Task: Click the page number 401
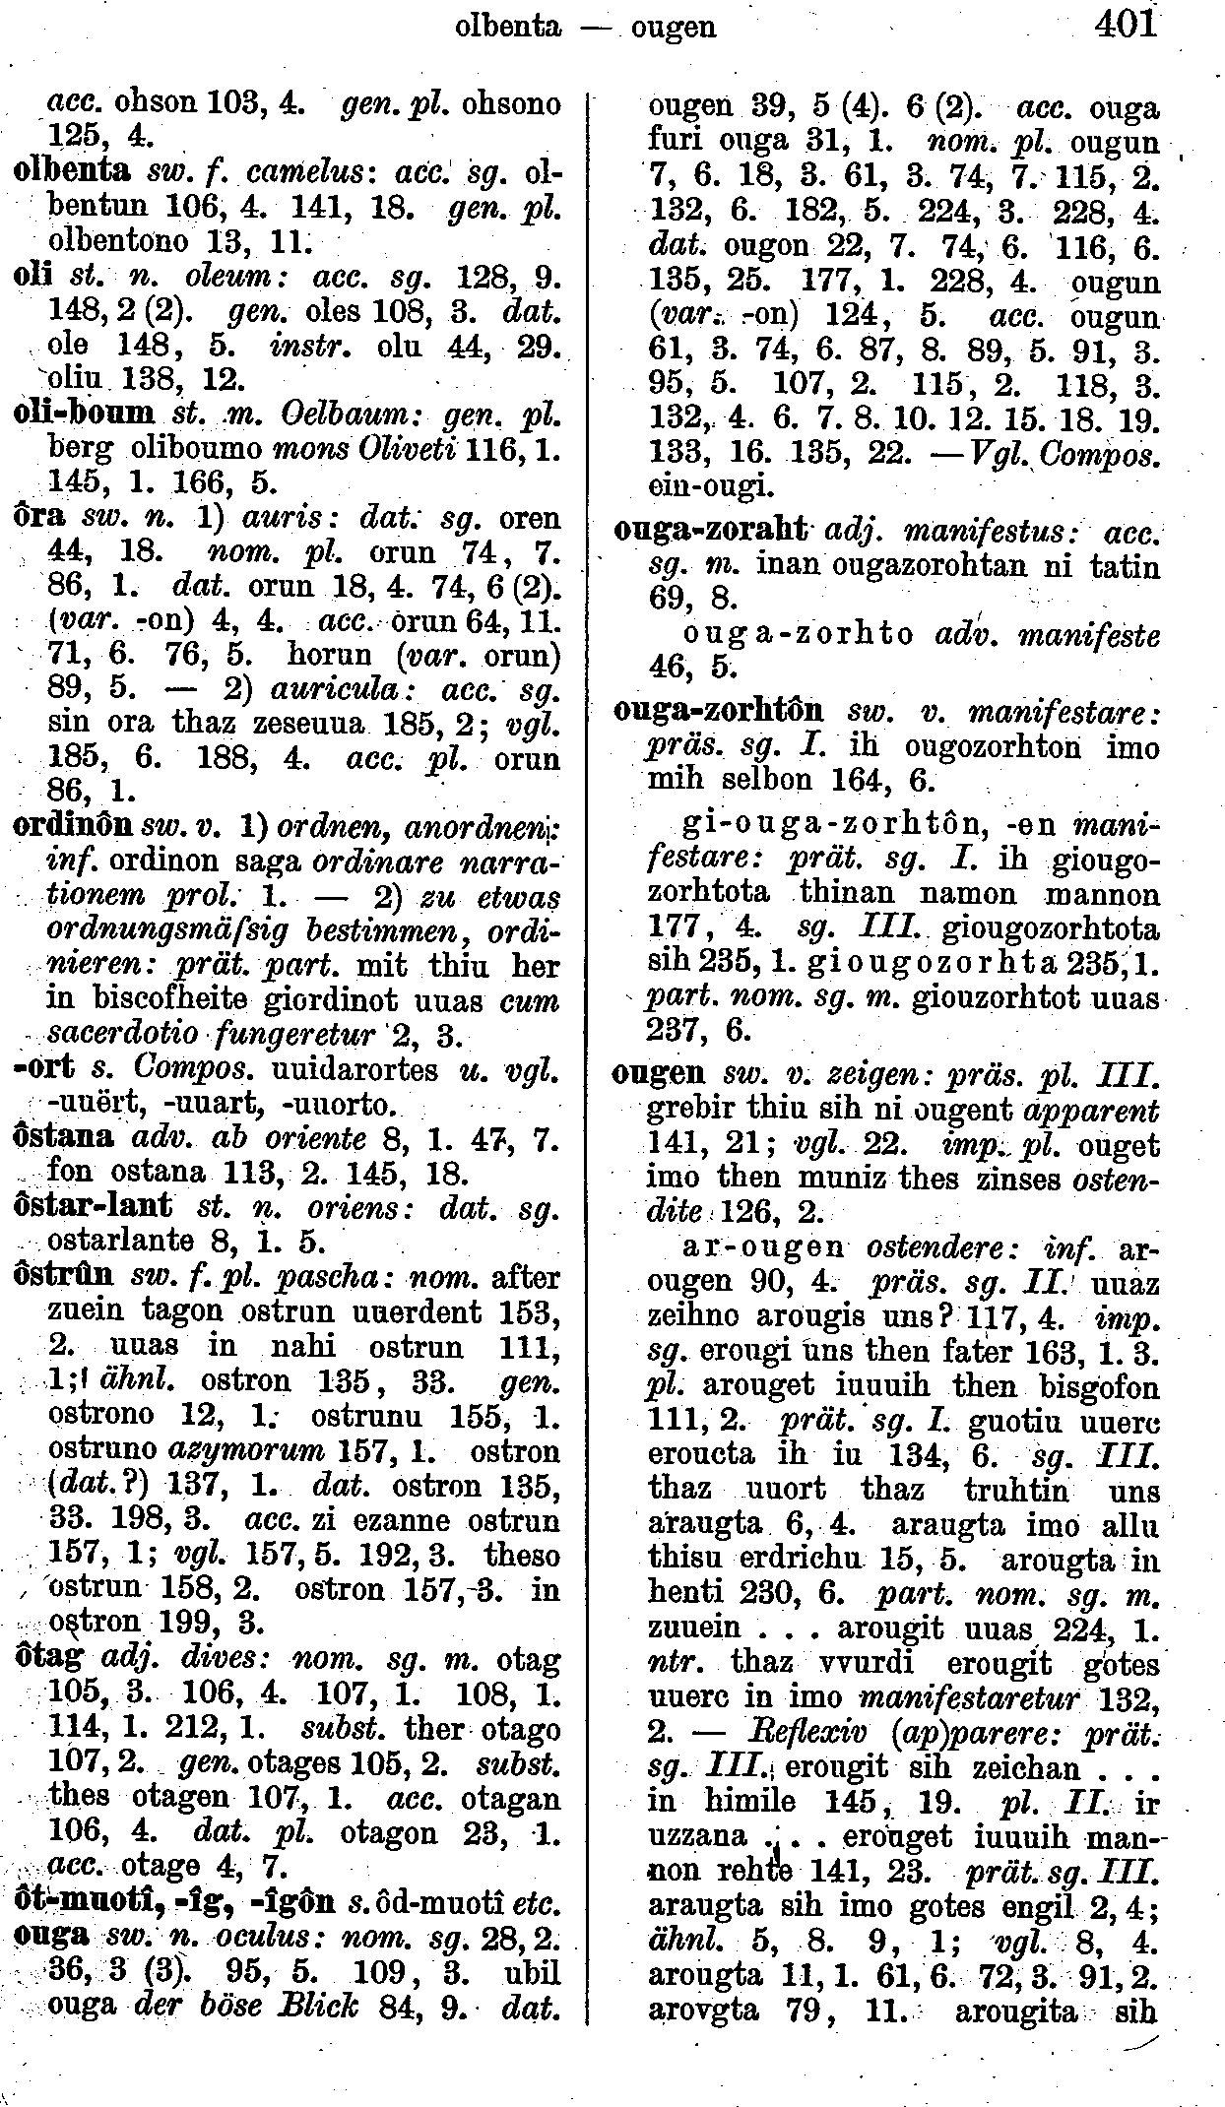(x=1124, y=23)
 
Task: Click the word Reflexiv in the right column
(x=780, y=1732)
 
